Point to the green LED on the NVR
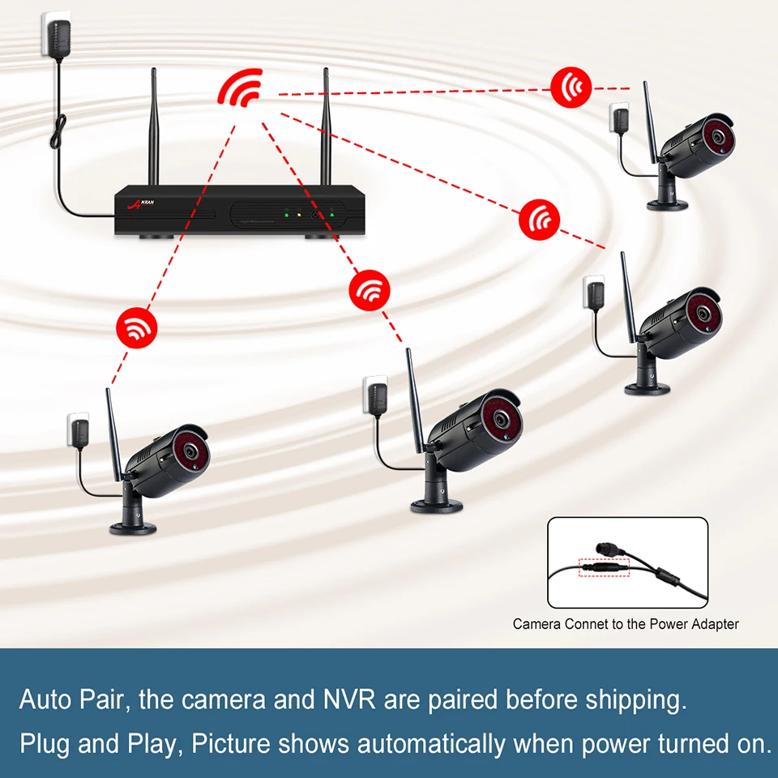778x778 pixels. pyautogui.click(x=331, y=216)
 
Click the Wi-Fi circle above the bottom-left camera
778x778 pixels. pyautogui.click(x=137, y=327)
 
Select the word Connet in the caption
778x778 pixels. pyautogui.click(x=579, y=624)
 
